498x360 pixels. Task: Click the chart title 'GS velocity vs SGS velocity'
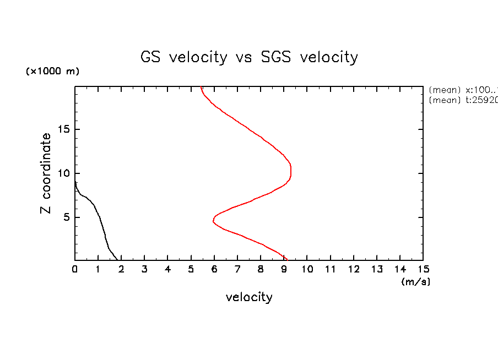(249, 57)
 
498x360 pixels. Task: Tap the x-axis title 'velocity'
(249, 298)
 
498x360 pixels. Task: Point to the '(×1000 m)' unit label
(52, 72)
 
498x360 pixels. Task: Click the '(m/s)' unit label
(415, 282)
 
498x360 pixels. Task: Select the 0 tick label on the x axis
(75, 269)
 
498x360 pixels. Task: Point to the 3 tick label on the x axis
(145, 269)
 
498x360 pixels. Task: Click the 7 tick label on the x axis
(237, 269)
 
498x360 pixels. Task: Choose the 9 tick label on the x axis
(284, 269)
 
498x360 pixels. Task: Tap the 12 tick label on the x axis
(354, 269)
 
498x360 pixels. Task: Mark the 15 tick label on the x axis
(423, 269)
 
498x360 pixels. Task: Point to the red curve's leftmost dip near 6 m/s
(213, 220)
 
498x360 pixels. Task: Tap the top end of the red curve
(201, 87)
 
